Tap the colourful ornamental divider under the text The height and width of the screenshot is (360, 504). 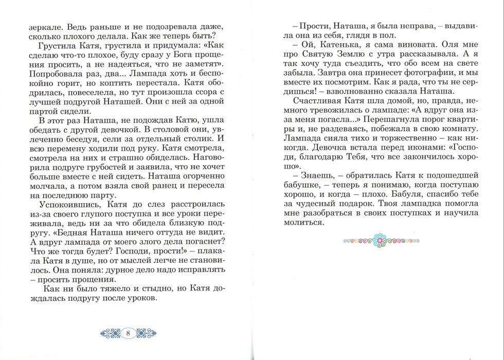coord(380,239)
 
